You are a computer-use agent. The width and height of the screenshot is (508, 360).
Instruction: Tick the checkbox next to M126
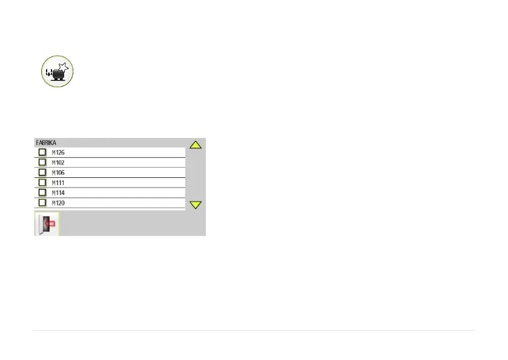click(42, 152)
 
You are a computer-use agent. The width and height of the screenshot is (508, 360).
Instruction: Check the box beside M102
click(42, 163)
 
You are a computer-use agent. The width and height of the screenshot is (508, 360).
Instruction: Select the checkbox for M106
click(42, 172)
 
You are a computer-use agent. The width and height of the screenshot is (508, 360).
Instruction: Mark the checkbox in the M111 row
click(42, 183)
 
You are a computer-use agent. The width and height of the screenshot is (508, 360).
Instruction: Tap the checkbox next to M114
click(42, 192)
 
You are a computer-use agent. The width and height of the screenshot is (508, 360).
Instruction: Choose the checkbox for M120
click(42, 203)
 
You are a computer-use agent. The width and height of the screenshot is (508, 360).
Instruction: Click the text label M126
click(58, 152)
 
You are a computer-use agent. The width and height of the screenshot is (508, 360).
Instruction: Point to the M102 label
click(58, 163)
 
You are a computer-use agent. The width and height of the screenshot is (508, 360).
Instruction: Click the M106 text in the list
click(58, 172)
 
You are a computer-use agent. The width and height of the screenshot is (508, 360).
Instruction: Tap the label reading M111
click(58, 183)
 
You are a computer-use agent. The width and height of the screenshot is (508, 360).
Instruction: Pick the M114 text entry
click(58, 192)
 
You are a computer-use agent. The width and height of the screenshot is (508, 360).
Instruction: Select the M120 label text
click(58, 203)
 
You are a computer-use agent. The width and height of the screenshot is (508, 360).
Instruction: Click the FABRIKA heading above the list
click(46, 143)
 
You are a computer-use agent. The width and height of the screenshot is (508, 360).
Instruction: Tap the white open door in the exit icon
click(42, 225)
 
